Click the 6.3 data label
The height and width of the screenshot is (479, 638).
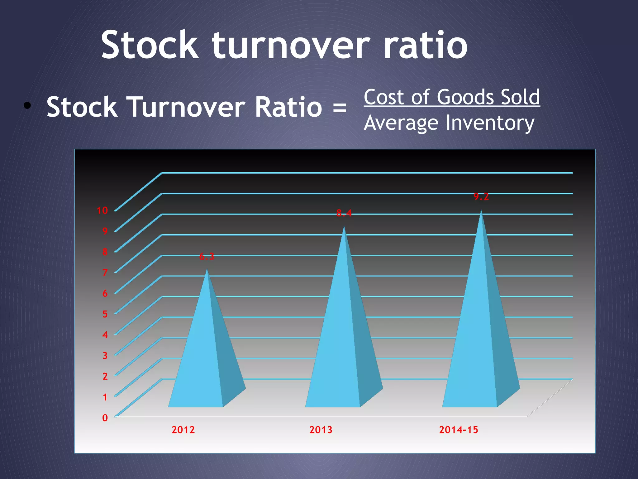pos(207,257)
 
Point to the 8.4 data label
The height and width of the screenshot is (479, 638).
pos(344,213)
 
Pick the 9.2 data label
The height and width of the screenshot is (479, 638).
pos(481,196)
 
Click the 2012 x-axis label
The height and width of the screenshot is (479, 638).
pos(183,430)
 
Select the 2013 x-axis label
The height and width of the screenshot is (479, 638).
pos(321,430)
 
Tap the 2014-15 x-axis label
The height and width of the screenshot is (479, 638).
pos(459,430)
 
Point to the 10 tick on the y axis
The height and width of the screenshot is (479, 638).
pos(102,210)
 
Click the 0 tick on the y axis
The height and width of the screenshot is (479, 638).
pos(105,418)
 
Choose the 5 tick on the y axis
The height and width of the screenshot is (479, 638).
pos(105,314)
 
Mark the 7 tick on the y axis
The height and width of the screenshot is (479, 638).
pos(105,273)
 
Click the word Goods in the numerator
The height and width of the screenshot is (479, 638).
pos(466,97)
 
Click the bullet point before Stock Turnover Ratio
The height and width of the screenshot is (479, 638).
pos(27,106)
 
